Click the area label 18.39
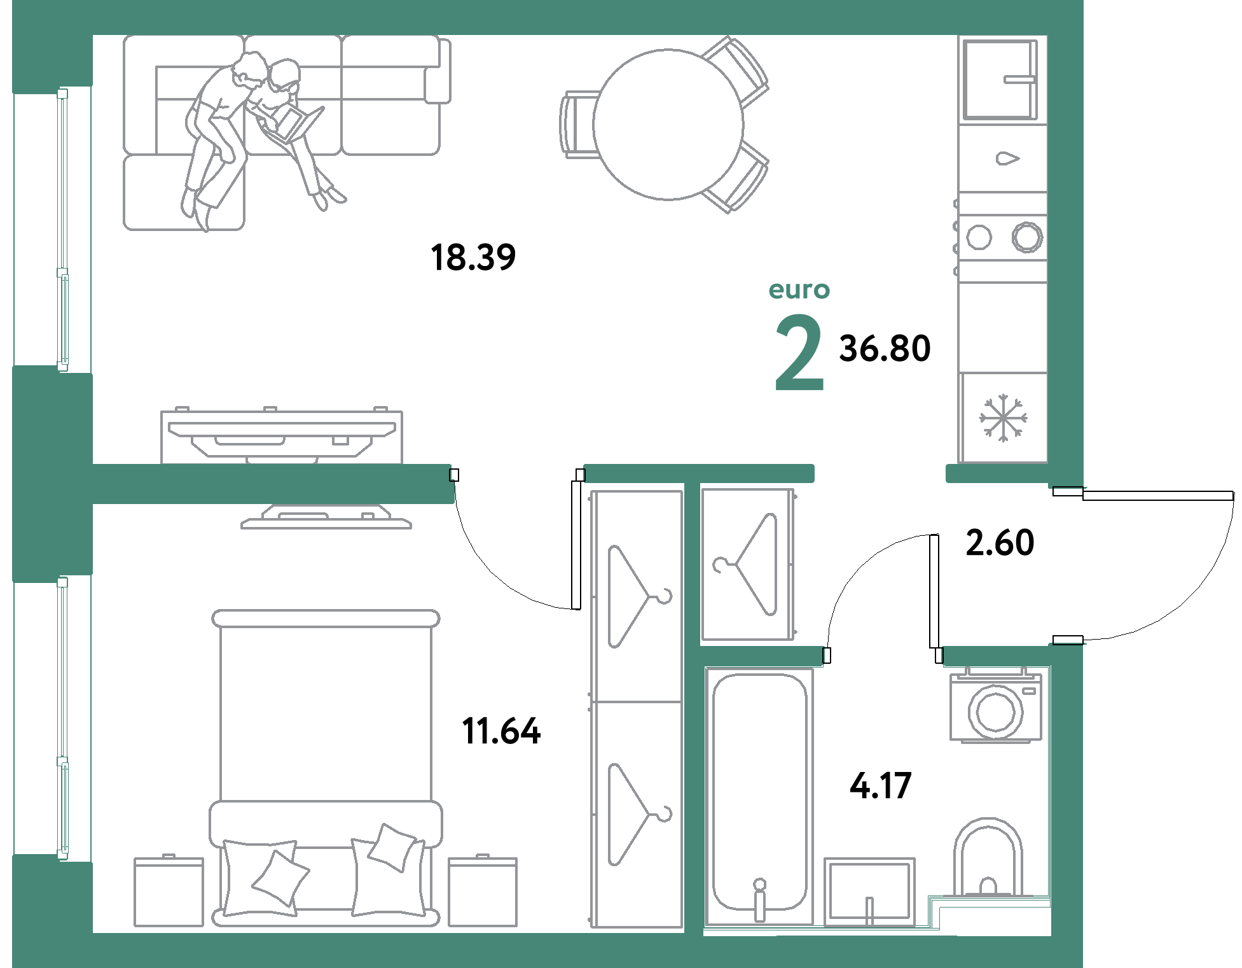(x=473, y=258)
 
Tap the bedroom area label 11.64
(x=501, y=731)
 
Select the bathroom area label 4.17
(x=881, y=785)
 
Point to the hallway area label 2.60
(x=1000, y=543)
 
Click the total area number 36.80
(x=885, y=348)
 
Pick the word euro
(x=799, y=290)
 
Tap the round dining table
(x=668, y=125)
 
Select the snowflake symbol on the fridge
(x=1003, y=417)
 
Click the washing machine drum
(x=996, y=712)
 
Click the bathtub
(x=759, y=796)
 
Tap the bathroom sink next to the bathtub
(x=869, y=891)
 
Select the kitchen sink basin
(x=1000, y=80)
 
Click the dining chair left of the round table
(x=579, y=125)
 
